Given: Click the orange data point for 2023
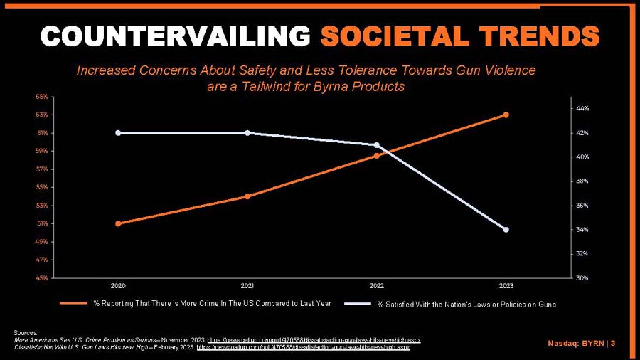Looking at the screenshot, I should tap(506, 115).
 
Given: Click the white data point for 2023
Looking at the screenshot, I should tap(506, 230).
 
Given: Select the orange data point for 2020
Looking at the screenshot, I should tap(118, 223).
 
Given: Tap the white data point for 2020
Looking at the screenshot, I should tap(118, 133).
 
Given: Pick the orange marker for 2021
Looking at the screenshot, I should tap(247, 196).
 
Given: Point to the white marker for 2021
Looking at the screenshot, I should tap(247, 133).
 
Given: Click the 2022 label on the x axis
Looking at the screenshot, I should tap(376, 286).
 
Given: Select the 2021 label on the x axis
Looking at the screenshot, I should tap(247, 286).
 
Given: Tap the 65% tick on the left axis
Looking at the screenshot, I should tap(42, 97).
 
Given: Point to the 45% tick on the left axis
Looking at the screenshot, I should tap(42, 278).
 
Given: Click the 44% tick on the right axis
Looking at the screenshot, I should tap(583, 109).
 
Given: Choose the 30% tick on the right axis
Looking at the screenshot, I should tap(583, 278).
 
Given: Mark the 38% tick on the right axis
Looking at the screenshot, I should tap(583, 181).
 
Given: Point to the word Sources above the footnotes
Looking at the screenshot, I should tap(26, 333).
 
